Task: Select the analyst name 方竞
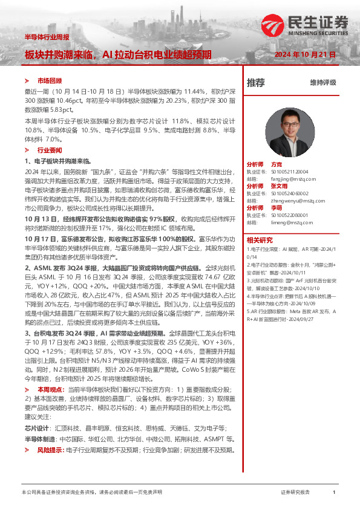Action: coord(277,164)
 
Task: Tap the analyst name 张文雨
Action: coord(279,186)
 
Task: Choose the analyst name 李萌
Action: coord(277,207)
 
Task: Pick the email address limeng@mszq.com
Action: coord(288,222)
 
